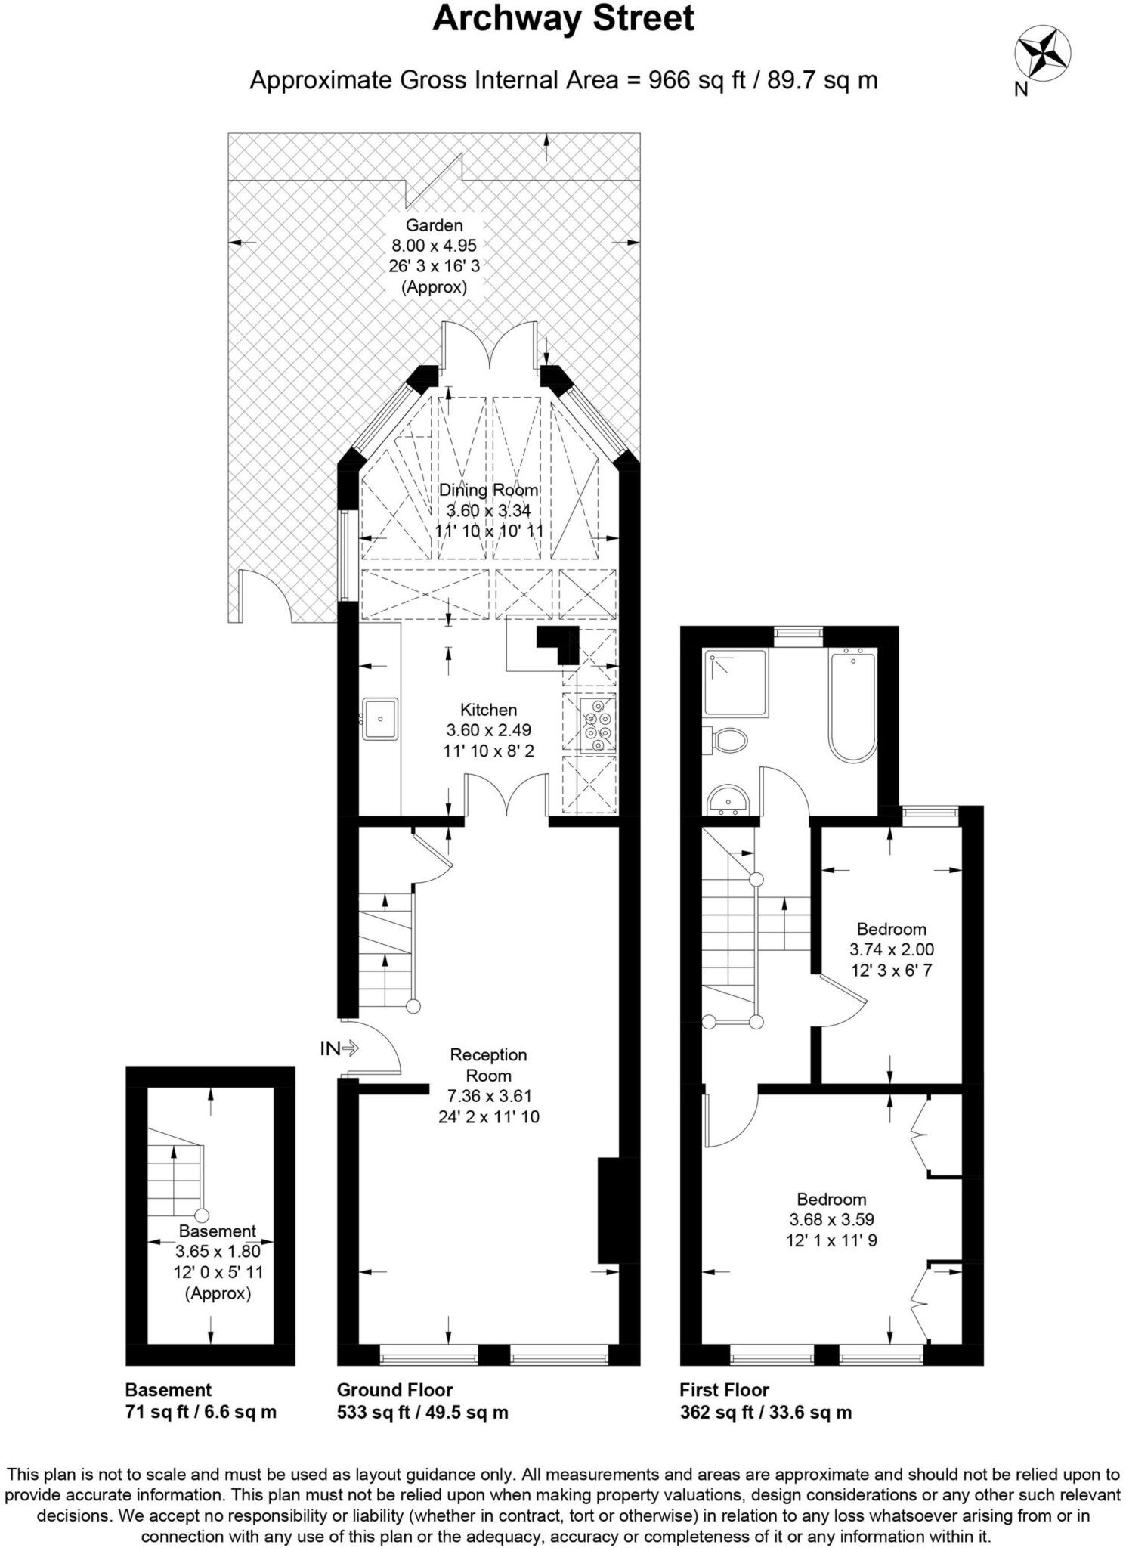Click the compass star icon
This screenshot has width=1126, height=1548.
pyautogui.click(x=1042, y=53)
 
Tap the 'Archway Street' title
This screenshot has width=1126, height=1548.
pyautogui.click(x=563, y=18)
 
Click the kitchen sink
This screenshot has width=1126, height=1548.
pyautogui.click(x=379, y=719)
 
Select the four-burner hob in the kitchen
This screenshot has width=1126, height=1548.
pyautogui.click(x=598, y=724)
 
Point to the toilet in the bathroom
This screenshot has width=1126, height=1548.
pyautogui.click(x=725, y=740)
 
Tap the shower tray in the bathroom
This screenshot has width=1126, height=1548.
pyautogui.click(x=736, y=683)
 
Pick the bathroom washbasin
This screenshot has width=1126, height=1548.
pyautogui.click(x=728, y=800)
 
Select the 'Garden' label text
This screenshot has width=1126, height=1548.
pyautogui.click(x=435, y=224)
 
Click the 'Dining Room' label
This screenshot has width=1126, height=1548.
pyautogui.click(x=489, y=490)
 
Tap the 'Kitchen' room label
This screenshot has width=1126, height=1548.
pyautogui.click(x=489, y=710)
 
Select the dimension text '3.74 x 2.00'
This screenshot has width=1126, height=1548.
pyautogui.click(x=892, y=949)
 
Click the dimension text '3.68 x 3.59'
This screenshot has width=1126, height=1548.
pyautogui.click(x=832, y=1219)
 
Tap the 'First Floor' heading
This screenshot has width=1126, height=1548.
pyautogui.click(x=724, y=1390)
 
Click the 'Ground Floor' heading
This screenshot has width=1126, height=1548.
pyautogui.click(x=394, y=1390)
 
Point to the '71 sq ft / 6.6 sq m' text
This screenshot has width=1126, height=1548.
pyautogui.click(x=201, y=1412)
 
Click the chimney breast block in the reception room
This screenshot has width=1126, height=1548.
pyautogui.click(x=609, y=1210)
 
